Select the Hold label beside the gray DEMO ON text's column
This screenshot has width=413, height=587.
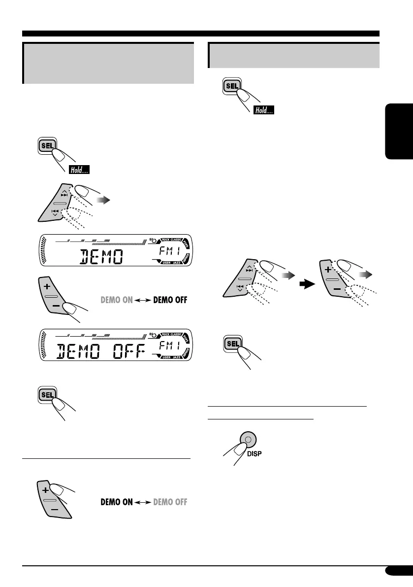[78, 171]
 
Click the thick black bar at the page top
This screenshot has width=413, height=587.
[201, 34]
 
